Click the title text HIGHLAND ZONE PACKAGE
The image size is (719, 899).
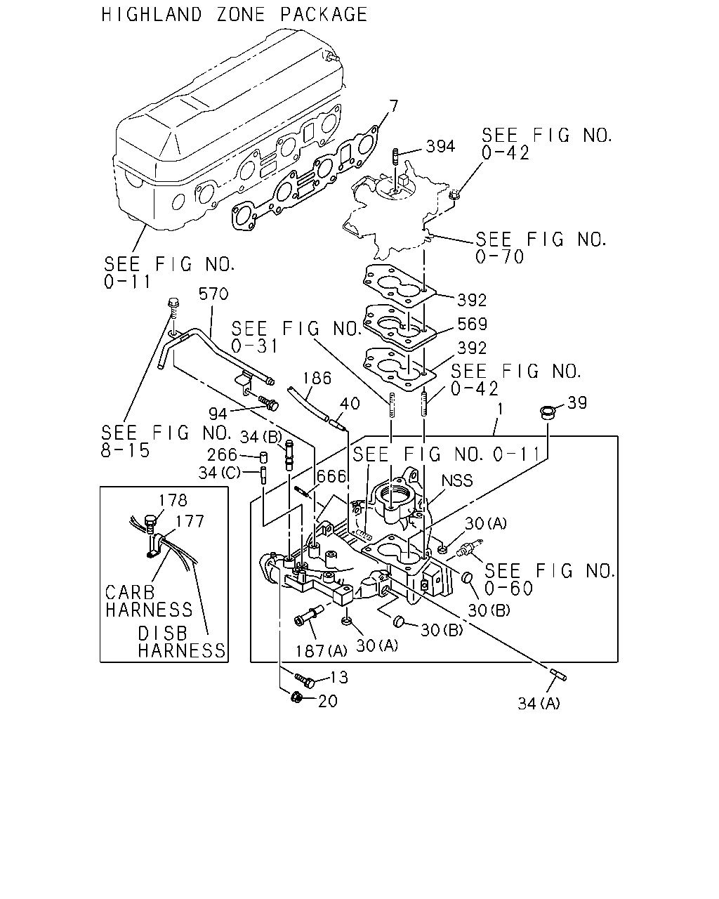[235, 15]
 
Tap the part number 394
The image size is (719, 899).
[440, 146]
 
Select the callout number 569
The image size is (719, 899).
[472, 324]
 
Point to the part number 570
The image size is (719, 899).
[213, 294]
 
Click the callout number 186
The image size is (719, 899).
[317, 378]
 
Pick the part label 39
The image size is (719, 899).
[577, 402]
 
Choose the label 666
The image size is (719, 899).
[331, 476]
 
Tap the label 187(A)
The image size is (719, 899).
[322, 650]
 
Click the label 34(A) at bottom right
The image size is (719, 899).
[539, 704]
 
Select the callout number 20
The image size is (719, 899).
[327, 702]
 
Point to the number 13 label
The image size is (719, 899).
[339, 678]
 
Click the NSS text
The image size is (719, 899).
[457, 481]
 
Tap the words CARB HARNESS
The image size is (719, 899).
[149, 601]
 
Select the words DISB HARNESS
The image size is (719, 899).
[182, 642]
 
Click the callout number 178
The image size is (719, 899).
[173, 500]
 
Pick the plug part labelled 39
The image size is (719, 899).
[547, 412]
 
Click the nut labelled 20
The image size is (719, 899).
[296, 697]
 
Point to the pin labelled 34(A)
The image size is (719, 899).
[559, 675]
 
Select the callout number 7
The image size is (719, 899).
[393, 107]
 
